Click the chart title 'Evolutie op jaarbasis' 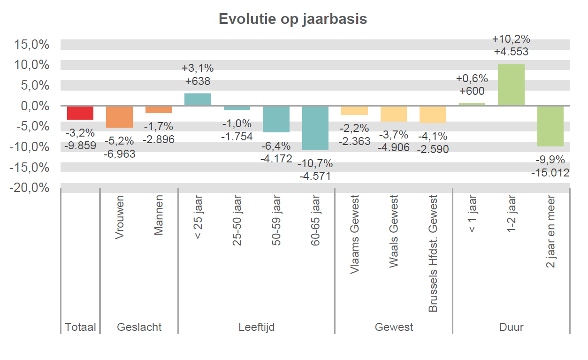pyautogui.click(x=293, y=19)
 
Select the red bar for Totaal pyautogui.click(x=80, y=113)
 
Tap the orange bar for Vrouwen pyautogui.click(x=119, y=117)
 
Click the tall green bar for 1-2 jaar pyautogui.click(x=511, y=85)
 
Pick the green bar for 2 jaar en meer pyautogui.click(x=550, y=126)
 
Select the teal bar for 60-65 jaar pyautogui.click(x=315, y=128)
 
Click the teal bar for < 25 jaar pyautogui.click(x=198, y=100)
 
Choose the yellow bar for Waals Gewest pyautogui.click(x=393, y=114)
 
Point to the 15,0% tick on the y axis pyautogui.click(x=32, y=45)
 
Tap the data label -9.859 pyautogui.click(x=80, y=146)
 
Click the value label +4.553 pyautogui.click(x=511, y=52)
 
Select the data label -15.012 pyautogui.click(x=550, y=173)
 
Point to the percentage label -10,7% pyautogui.click(x=315, y=163)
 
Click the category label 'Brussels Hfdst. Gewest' pyautogui.click(x=433, y=253)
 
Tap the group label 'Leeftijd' pyautogui.click(x=256, y=327)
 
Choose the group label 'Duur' pyautogui.click(x=511, y=327)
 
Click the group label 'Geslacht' pyautogui.click(x=139, y=327)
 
